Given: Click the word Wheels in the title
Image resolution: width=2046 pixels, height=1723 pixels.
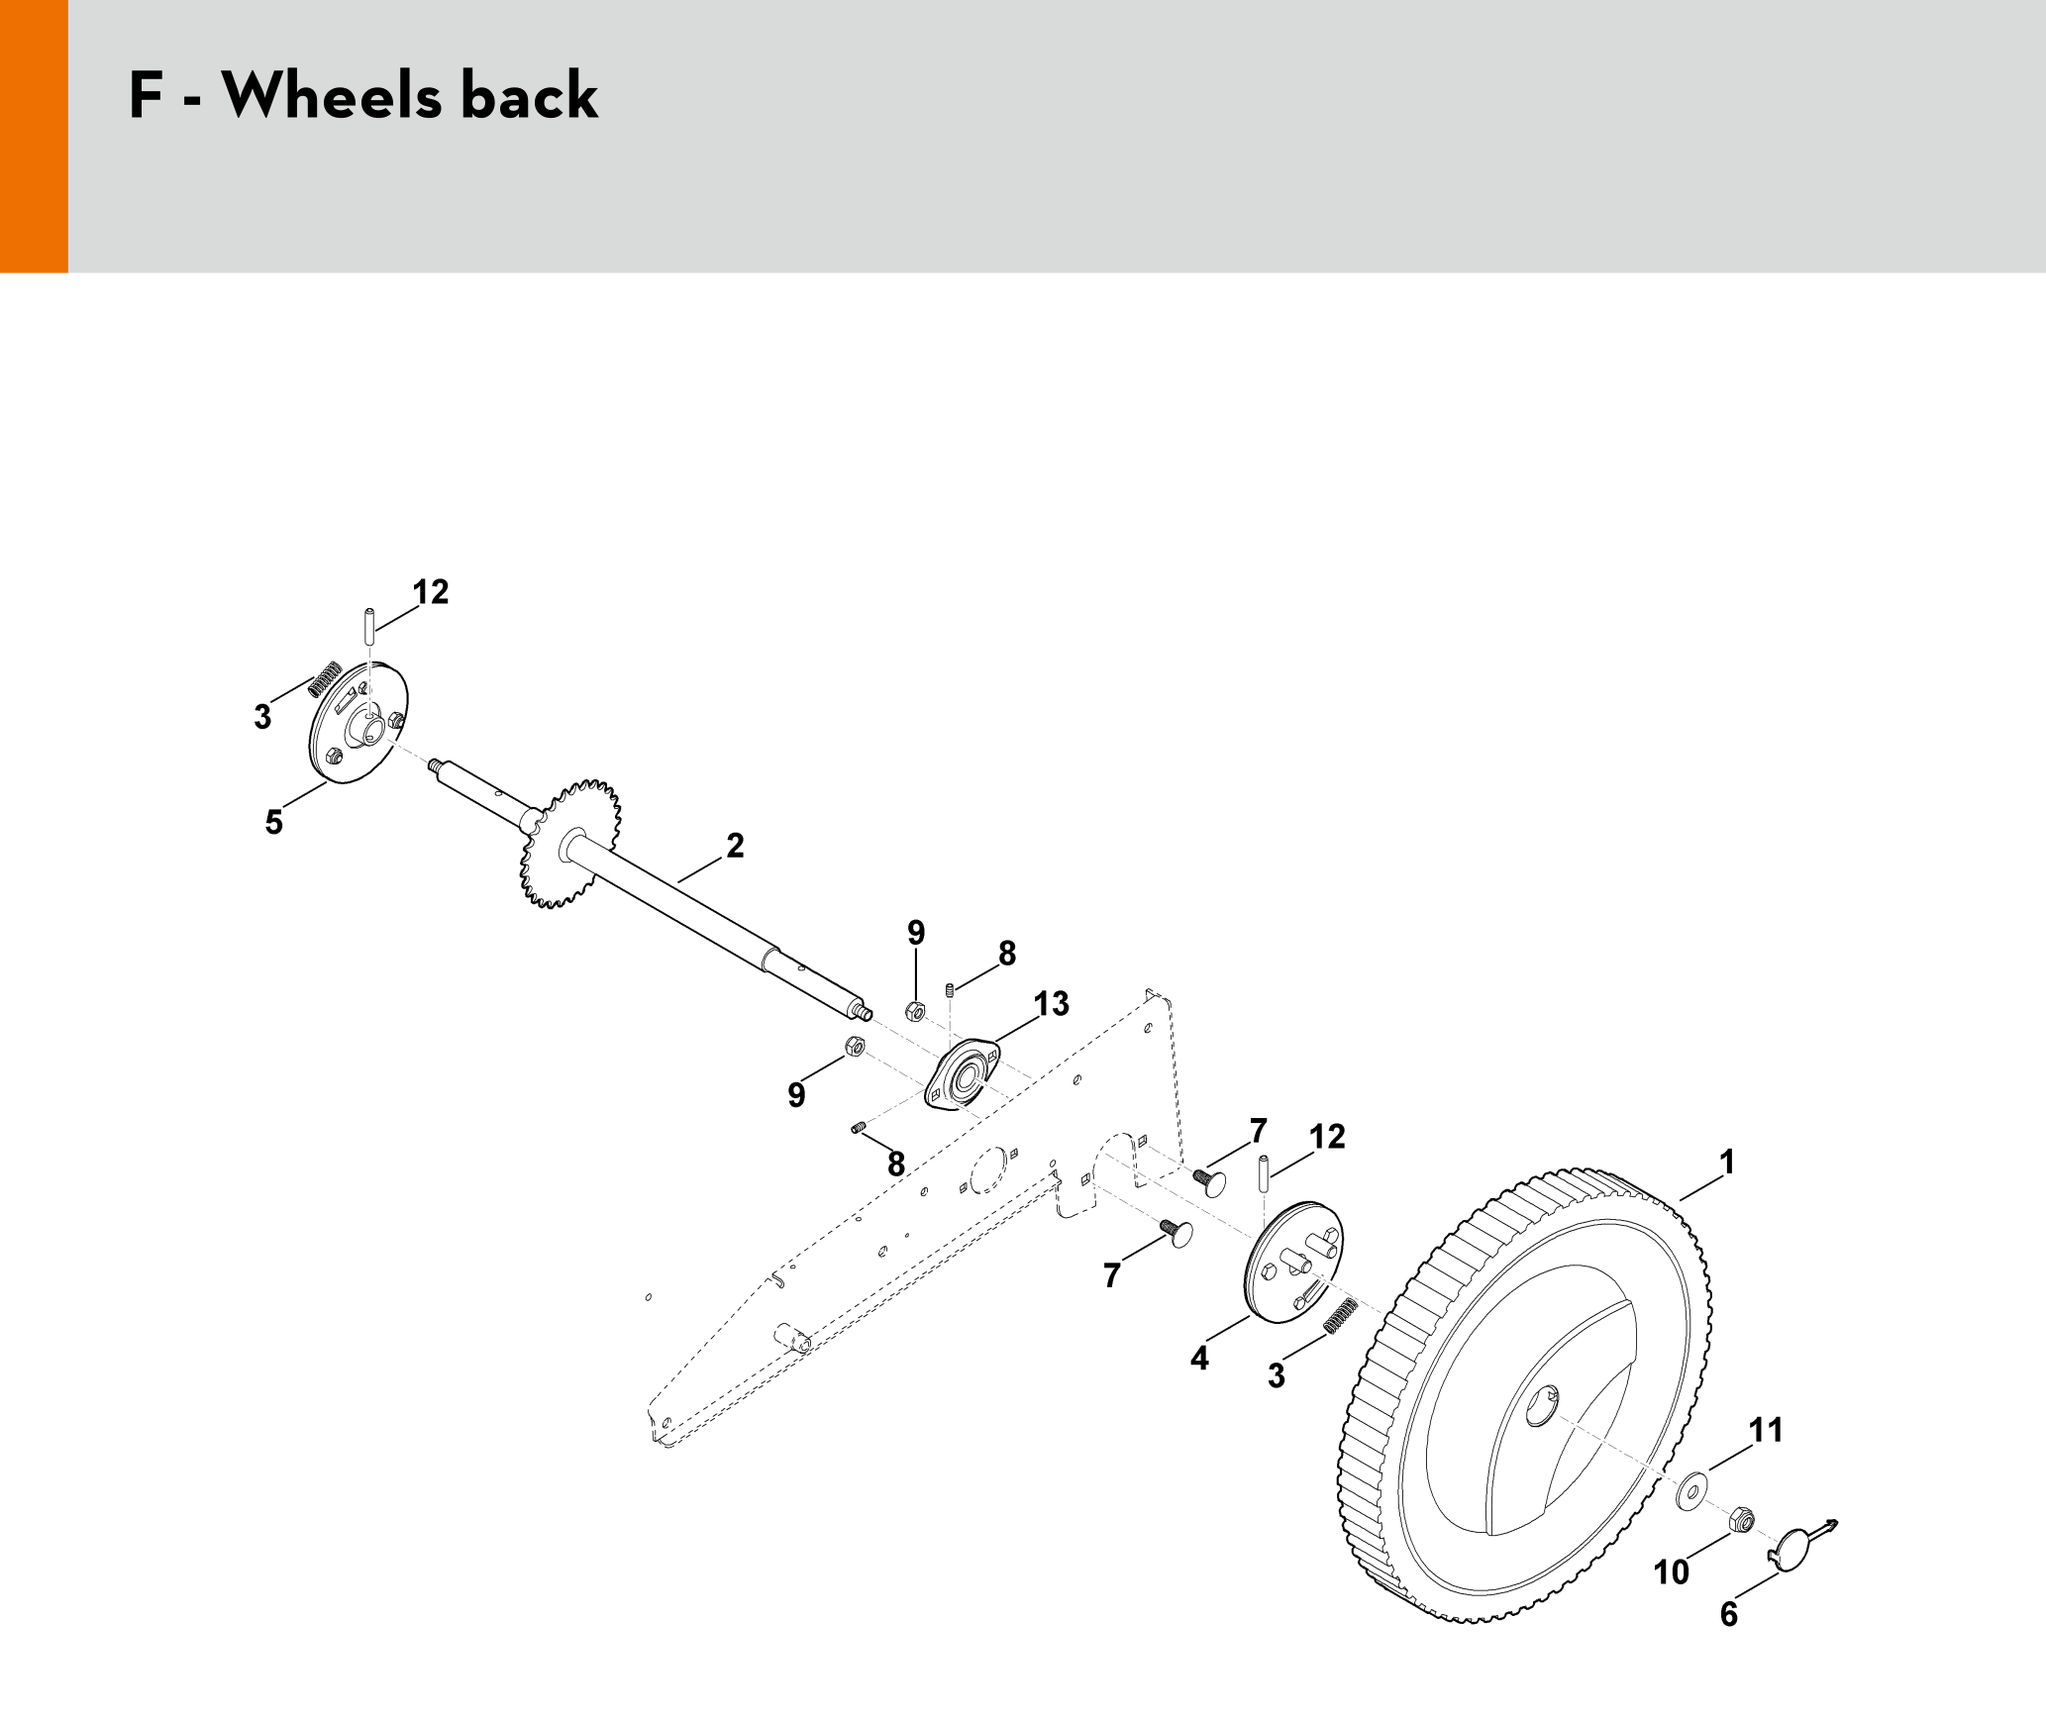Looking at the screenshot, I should [x=332, y=96].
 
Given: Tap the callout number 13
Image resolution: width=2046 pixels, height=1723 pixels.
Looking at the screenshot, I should [x=1052, y=1004].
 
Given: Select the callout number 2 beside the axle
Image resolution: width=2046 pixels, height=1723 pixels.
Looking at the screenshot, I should [x=735, y=846].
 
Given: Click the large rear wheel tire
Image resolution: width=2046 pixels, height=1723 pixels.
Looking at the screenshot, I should [x=1525, y=1396].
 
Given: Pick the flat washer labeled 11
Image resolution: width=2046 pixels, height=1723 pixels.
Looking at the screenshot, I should [x=1691, y=1490].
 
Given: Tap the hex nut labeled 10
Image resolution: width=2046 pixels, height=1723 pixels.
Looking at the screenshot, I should [x=1742, y=1520].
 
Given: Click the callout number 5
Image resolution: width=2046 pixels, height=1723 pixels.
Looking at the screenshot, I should [x=274, y=822].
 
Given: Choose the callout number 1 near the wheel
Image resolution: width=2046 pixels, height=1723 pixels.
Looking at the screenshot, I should [x=1727, y=1163].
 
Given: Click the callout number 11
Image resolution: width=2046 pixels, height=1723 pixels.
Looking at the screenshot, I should [x=1766, y=1430].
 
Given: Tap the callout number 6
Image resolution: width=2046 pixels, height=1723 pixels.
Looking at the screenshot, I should [x=1729, y=1615].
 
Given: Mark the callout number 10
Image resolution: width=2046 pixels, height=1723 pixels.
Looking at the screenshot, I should [x=1672, y=1572].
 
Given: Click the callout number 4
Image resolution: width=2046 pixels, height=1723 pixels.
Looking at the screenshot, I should [x=1200, y=1359].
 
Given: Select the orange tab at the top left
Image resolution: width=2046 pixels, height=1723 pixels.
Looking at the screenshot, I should [x=34, y=136].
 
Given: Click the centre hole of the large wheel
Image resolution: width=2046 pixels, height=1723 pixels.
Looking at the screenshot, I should [x=1540, y=1406].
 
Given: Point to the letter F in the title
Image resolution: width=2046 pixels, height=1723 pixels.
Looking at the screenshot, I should [x=146, y=96].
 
